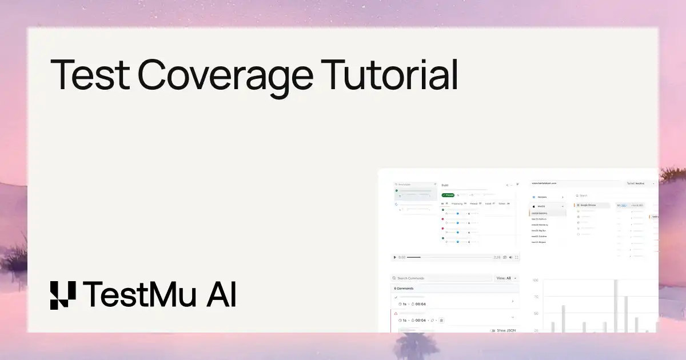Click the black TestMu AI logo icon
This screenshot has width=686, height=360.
(x=62, y=295)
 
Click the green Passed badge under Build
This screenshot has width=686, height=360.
(x=448, y=195)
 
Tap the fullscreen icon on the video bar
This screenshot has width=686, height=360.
(x=517, y=258)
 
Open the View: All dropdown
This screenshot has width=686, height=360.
(x=506, y=278)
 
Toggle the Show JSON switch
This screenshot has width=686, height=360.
(x=493, y=330)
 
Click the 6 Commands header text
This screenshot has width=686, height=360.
(x=404, y=289)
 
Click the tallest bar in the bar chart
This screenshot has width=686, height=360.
(x=616, y=306)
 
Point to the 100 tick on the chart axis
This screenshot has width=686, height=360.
(x=536, y=281)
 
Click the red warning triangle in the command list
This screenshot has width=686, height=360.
(x=396, y=314)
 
